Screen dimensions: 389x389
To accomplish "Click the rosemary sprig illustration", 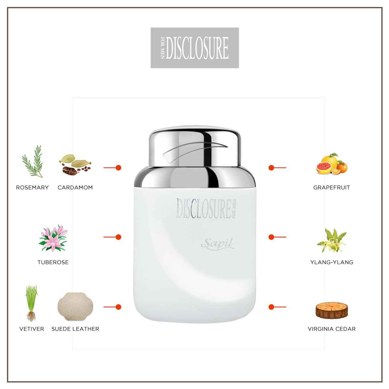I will coord(32,161).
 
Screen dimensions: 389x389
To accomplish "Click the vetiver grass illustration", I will coord(31,303).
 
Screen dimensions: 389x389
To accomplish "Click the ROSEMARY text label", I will coord(32,187).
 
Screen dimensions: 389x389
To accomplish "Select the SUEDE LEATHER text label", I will coord(75,329).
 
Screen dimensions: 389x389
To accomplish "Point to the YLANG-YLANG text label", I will coord(332,262).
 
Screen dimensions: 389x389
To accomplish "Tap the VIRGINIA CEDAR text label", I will coord(332,329).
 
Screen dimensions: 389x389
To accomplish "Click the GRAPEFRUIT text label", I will coord(332,187).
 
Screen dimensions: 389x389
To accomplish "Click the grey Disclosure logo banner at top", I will coord(194,48).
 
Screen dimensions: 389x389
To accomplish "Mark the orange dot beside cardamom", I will coord(118,168).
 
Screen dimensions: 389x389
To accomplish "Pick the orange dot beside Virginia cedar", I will coord(271,307).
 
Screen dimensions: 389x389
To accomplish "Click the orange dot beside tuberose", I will coord(118,237).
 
